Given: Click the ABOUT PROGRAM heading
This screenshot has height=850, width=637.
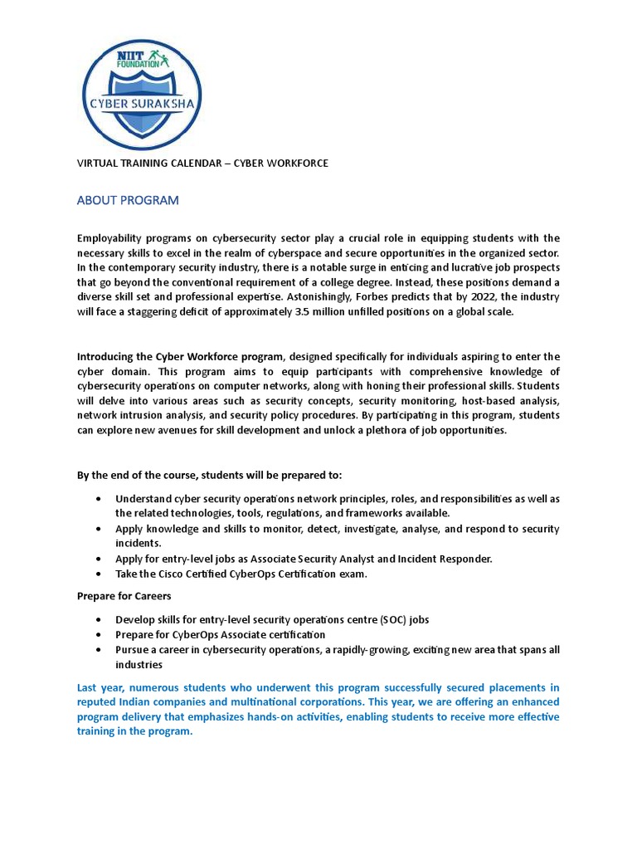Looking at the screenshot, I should click(x=128, y=201).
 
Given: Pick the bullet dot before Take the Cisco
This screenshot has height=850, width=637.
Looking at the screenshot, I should click(x=100, y=574).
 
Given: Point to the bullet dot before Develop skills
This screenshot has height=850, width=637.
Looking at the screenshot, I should click(x=100, y=620).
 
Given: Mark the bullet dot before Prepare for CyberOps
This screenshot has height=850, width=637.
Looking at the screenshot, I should click(x=100, y=635).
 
